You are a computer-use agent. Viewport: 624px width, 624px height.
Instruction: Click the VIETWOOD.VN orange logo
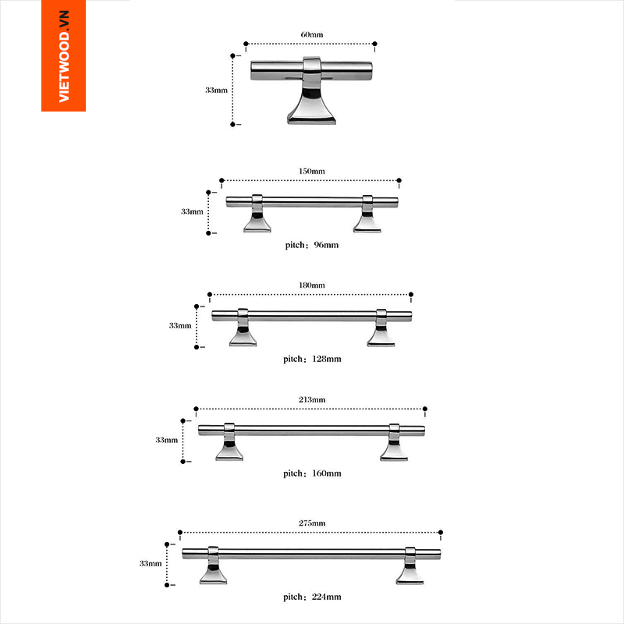(64, 55)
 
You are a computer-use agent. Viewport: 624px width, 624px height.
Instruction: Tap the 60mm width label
(311, 34)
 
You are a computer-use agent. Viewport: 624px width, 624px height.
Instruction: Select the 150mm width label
(311, 171)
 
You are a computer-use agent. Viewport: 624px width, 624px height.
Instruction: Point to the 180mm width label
(311, 285)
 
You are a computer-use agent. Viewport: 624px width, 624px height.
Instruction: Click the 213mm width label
(311, 399)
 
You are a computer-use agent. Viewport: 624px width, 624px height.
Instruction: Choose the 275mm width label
(311, 523)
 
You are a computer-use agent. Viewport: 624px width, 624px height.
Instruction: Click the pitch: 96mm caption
(311, 245)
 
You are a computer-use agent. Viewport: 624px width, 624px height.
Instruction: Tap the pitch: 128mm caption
(312, 360)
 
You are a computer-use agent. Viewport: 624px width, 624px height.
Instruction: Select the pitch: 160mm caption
(312, 473)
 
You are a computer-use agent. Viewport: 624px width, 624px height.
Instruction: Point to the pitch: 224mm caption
(312, 597)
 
